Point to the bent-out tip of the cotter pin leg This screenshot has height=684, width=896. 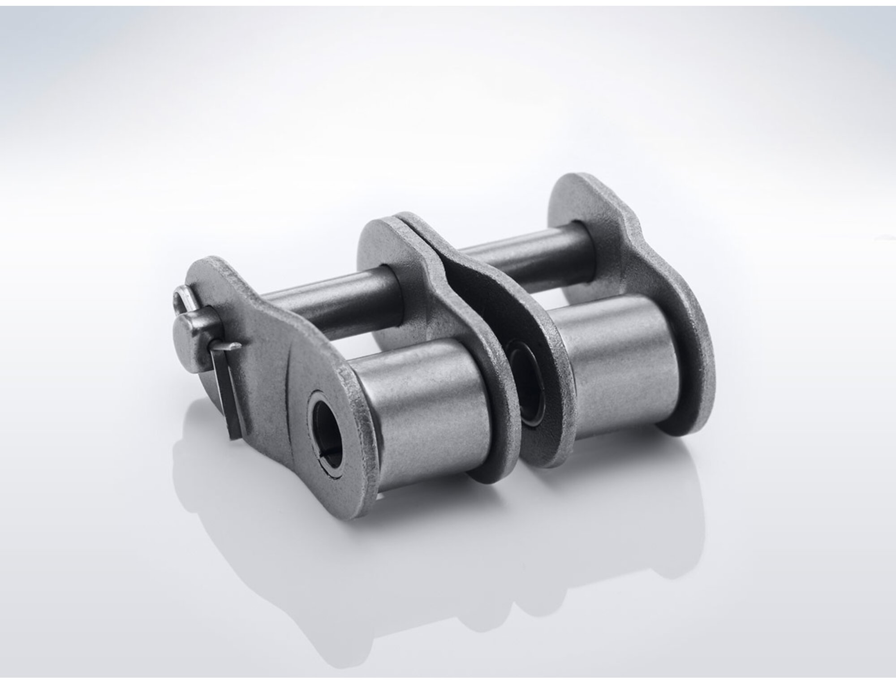(233, 346)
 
